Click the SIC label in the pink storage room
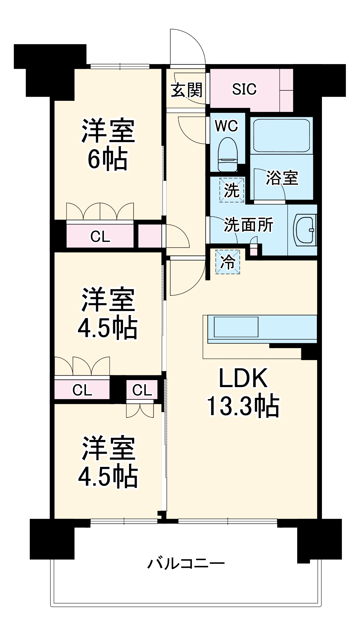[x=244, y=89]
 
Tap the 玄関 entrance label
[x=186, y=90]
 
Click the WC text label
[x=226, y=126]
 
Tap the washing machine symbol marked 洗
[x=232, y=190]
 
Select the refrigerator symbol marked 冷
[x=228, y=262]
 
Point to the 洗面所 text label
[x=248, y=225]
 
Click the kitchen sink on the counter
[x=236, y=327]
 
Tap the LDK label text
[x=243, y=378]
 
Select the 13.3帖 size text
[x=243, y=406]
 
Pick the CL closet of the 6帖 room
[x=100, y=236]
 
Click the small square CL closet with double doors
[x=142, y=390]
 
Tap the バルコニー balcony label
[x=186, y=563]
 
